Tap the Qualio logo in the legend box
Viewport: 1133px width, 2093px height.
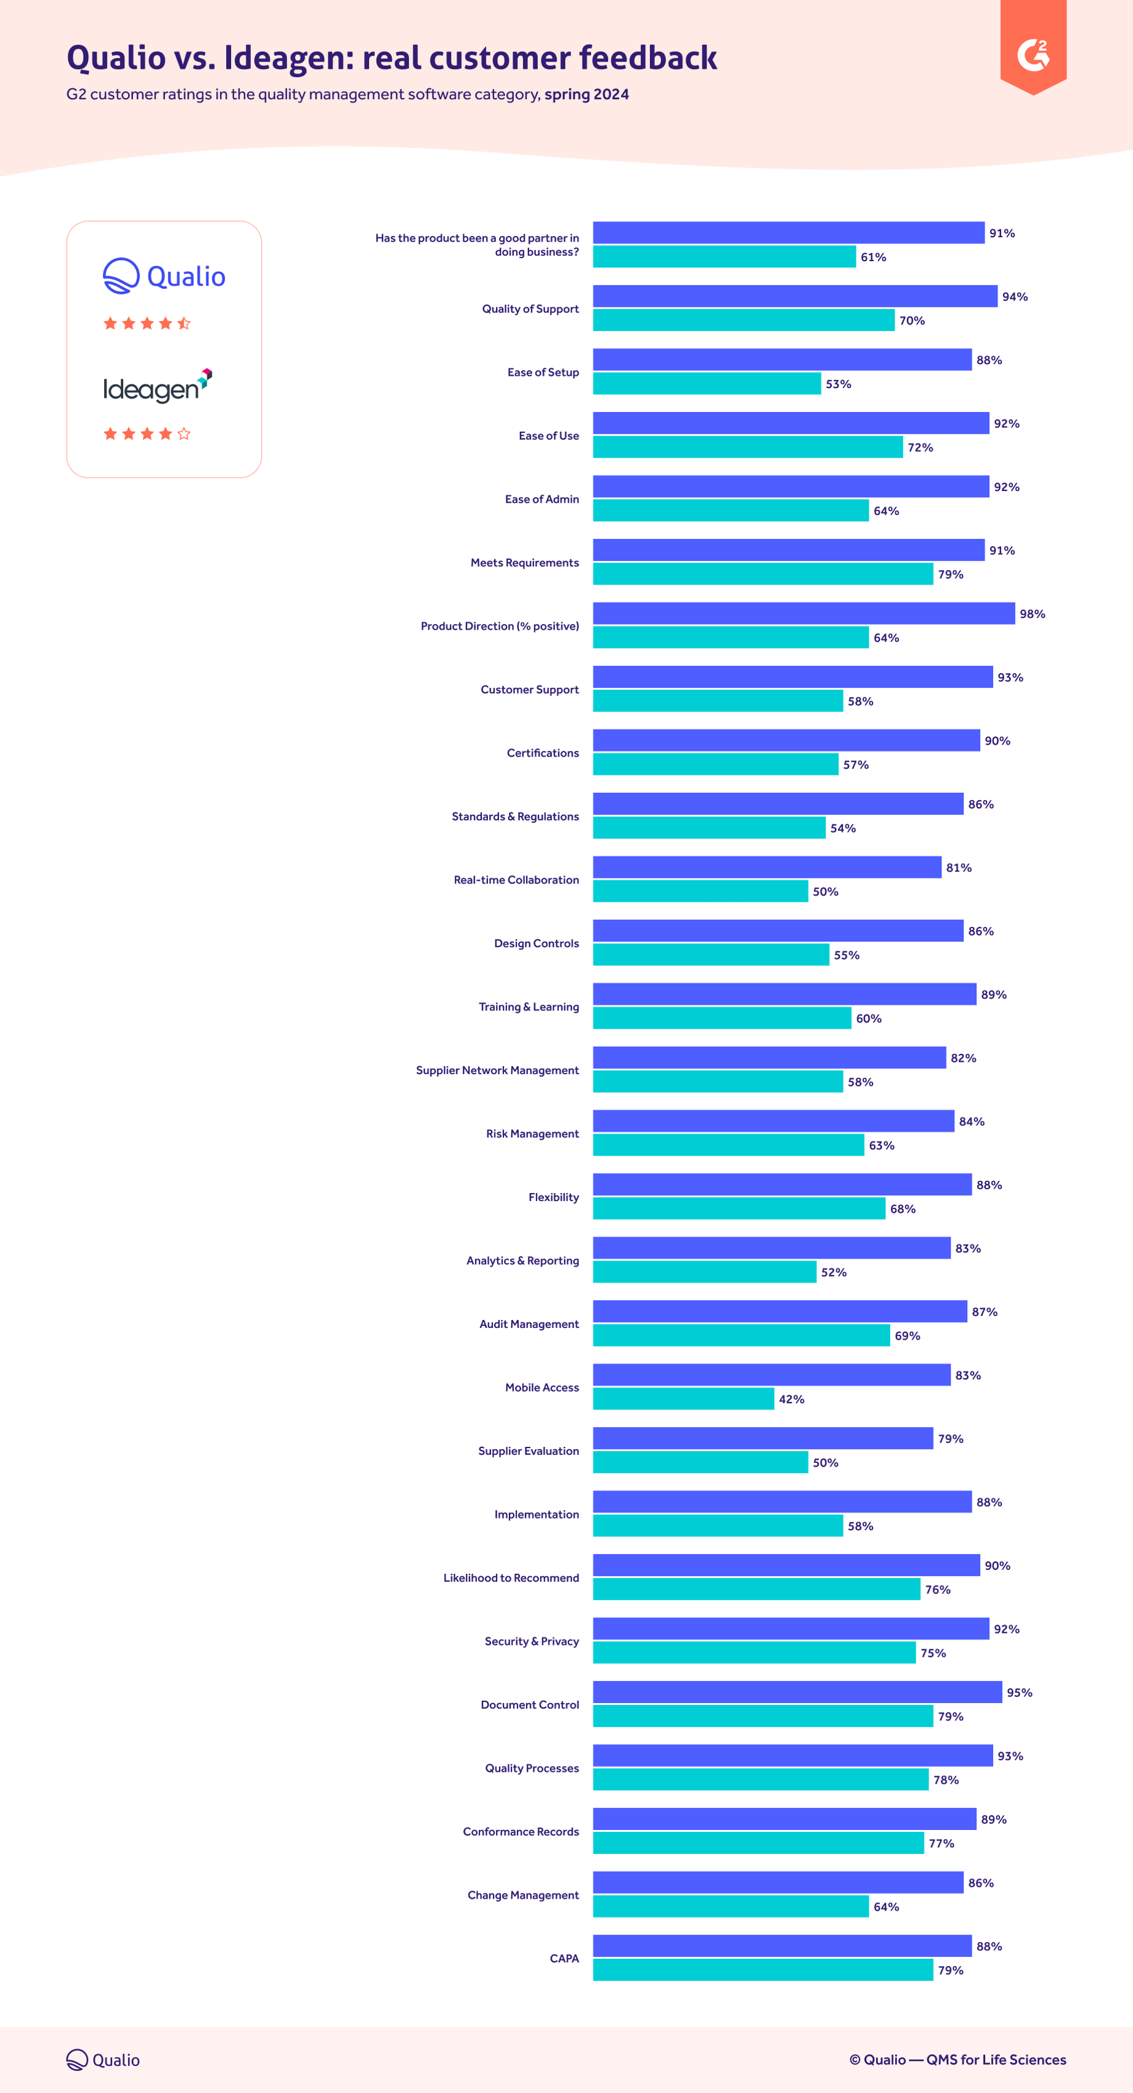pyautogui.click(x=164, y=276)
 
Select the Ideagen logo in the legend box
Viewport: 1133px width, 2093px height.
pyautogui.click(x=158, y=386)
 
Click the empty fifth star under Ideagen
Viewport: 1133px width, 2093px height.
pyautogui.click(x=184, y=434)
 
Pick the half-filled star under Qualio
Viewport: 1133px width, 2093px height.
pyautogui.click(x=184, y=323)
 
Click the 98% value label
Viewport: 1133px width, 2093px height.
pyautogui.click(x=1031, y=614)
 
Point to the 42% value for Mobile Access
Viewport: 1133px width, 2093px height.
pyautogui.click(x=791, y=1399)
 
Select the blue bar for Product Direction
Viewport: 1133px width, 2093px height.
pyautogui.click(x=803, y=613)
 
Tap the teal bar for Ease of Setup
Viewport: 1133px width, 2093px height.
pyautogui.click(x=706, y=384)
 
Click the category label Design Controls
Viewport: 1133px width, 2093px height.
pyautogui.click(x=537, y=943)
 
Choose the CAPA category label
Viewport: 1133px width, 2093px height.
pyautogui.click(x=564, y=1958)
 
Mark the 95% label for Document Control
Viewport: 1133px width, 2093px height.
pyautogui.click(x=1019, y=1693)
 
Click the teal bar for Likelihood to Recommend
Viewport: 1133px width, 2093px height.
pyautogui.click(x=756, y=1589)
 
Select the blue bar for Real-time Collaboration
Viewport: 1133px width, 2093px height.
pyautogui.click(x=766, y=867)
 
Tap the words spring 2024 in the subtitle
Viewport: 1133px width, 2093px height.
pyautogui.click(x=586, y=94)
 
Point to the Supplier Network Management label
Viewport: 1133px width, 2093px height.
pyautogui.click(x=497, y=1070)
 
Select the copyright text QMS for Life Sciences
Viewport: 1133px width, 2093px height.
pyautogui.click(x=996, y=2060)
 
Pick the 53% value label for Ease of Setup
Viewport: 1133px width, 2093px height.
pyautogui.click(x=838, y=384)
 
